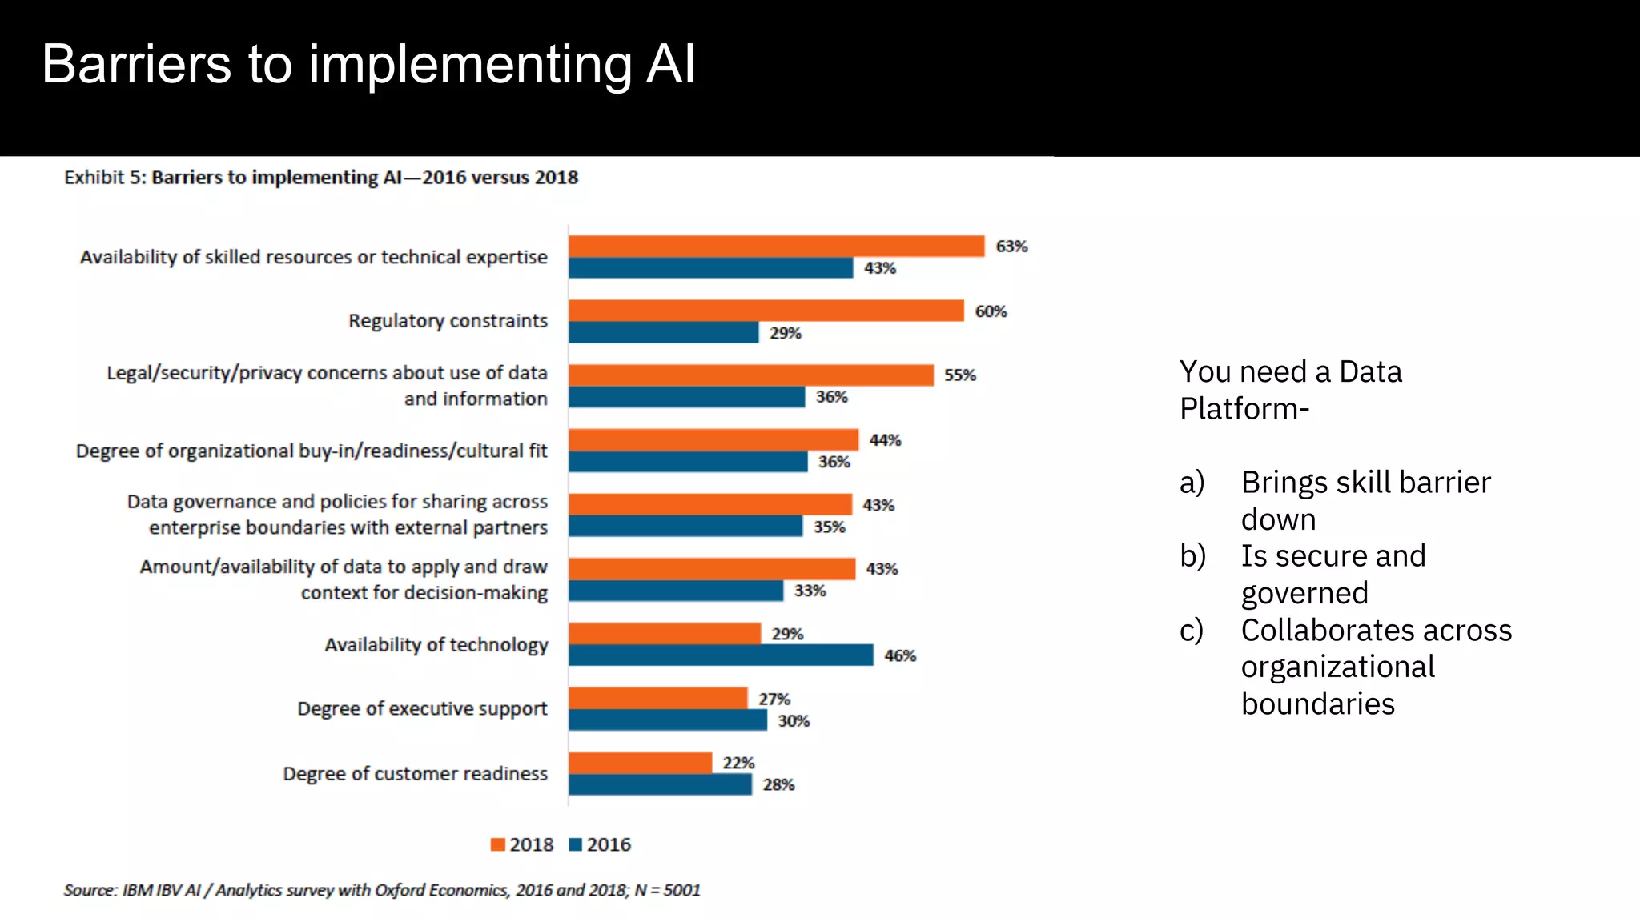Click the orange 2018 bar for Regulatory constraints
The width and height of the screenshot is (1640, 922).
click(766, 311)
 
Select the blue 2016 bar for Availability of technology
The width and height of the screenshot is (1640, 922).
click(721, 655)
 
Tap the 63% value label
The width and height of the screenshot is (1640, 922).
click(1011, 247)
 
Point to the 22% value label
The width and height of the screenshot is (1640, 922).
click(738, 763)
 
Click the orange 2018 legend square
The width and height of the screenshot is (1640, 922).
click(498, 844)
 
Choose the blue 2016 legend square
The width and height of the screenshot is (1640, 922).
click(575, 844)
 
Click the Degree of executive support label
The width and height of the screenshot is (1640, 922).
click(422, 709)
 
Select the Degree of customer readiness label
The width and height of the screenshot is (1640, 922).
click(415, 774)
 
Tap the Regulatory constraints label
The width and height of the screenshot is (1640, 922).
click(448, 321)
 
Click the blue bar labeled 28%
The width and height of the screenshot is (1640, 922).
click(660, 785)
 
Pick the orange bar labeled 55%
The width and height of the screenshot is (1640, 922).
click(750, 375)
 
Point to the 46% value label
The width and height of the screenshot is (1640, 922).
click(900, 656)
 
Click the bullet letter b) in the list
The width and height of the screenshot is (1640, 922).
click(1192, 556)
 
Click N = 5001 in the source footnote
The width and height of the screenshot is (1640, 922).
click(667, 890)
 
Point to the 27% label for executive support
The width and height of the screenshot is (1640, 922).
click(774, 700)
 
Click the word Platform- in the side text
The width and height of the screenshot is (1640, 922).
click(1244, 409)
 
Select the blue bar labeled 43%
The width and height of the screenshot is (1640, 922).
click(710, 268)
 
